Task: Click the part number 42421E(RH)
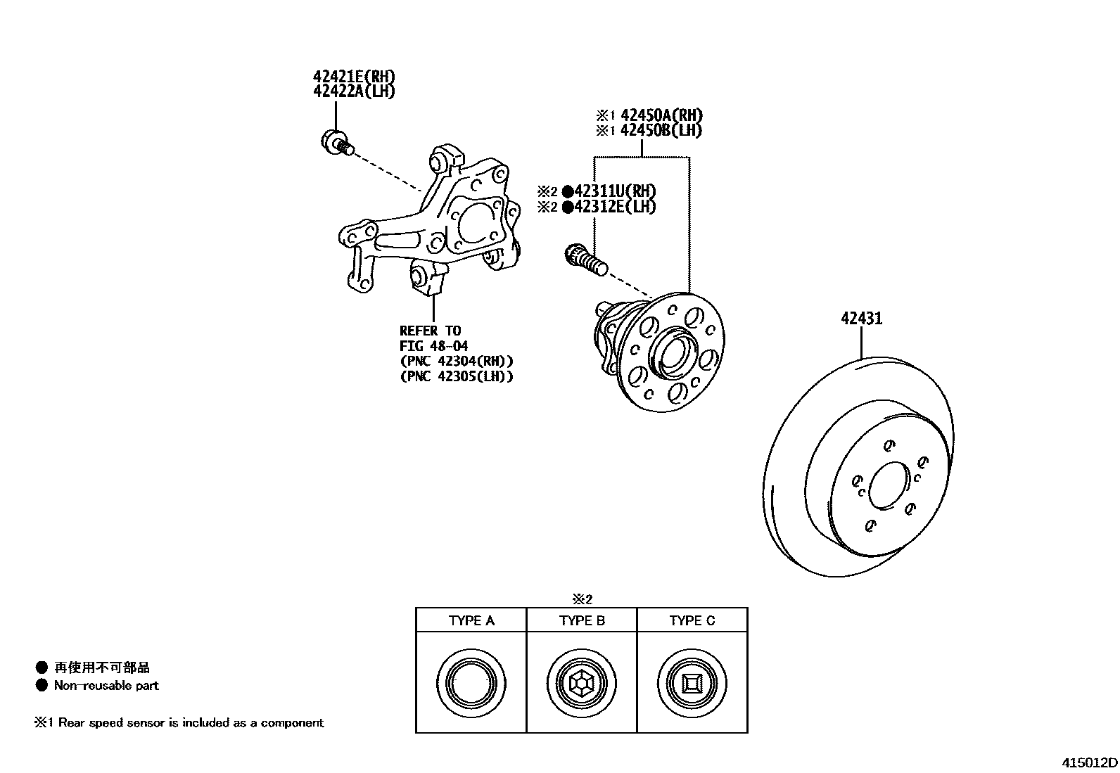(354, 77)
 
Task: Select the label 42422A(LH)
(354, 91)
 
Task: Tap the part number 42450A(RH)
(661, 115)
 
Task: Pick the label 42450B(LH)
(661, 130)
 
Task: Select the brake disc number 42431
(861, 319)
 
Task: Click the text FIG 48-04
(433, 346)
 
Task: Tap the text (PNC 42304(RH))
(456, 362)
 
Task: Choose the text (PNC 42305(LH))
(456, 376)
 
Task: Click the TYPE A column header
(471, 620)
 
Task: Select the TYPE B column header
(582, 620)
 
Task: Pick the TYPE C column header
(692, 620)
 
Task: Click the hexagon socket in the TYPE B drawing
(581, 683)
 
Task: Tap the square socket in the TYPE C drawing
(692, 683)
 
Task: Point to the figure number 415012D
(1090, 763)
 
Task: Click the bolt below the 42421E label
(337, 143)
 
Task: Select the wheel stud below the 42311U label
(585, 257)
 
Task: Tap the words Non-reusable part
(106, 686)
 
